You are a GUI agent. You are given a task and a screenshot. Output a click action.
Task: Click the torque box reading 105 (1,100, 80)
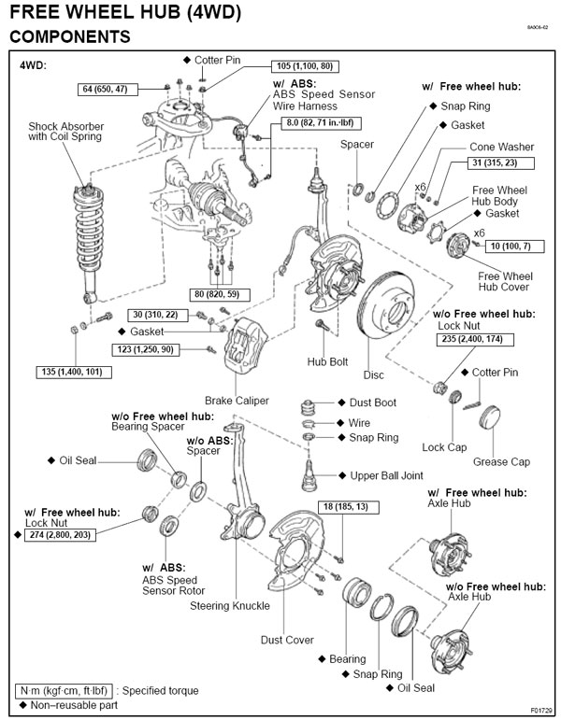click(x=305, y=67)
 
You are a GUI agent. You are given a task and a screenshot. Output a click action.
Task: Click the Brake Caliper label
click(x=237, y=401)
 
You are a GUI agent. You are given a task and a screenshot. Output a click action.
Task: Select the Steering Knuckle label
click(x=230, y=605)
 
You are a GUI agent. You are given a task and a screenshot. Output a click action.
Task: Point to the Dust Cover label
click(x=287, y=640)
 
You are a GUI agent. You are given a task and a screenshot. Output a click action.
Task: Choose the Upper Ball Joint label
click(x=386, y=475)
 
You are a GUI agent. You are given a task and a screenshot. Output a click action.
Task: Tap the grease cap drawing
click(x=493, y=417)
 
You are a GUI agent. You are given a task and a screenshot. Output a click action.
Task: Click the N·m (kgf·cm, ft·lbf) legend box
click(x=65, y=690)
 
